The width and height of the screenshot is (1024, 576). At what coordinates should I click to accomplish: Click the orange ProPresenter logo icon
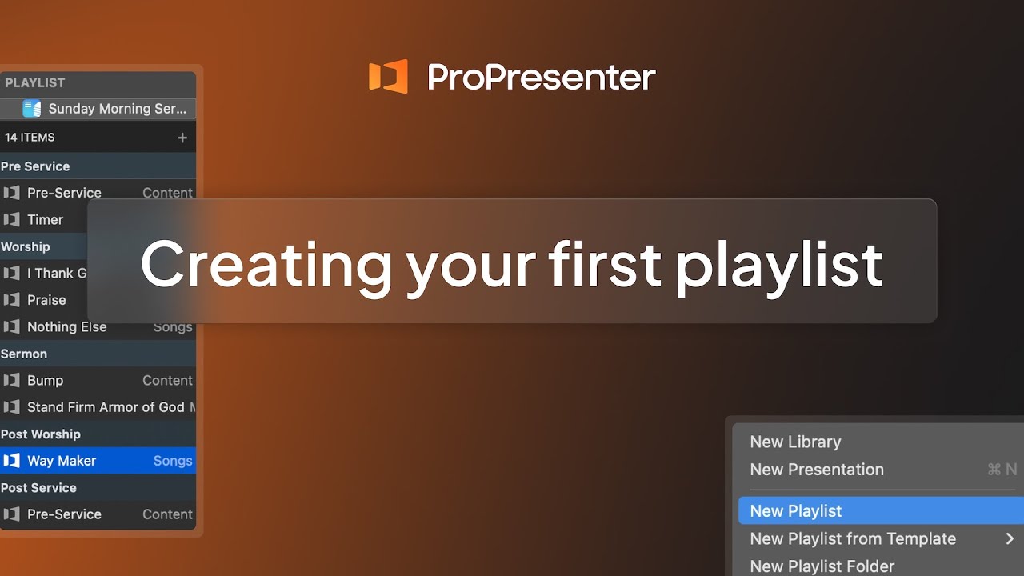point(388,77)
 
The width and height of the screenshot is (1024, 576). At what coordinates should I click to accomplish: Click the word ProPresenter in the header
point(542,78)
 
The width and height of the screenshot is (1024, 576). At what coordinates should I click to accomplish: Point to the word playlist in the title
point(779,265)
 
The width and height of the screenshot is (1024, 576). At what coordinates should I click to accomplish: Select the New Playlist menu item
point(796,511)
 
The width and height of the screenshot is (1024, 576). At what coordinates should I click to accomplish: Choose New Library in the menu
point(795,442)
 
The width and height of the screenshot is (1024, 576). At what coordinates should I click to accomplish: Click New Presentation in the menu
point(817,470)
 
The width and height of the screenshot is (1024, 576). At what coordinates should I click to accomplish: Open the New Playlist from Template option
point(853,539)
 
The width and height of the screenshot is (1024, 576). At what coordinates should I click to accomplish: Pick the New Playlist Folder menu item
point(822,566)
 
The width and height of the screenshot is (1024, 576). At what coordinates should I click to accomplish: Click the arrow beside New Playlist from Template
point(1010,539)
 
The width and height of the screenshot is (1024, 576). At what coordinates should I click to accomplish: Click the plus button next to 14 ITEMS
point(182,138)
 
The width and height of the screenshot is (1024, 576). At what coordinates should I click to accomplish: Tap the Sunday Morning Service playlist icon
point(32,109)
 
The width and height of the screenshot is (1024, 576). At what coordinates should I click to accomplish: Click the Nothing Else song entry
point(66,327)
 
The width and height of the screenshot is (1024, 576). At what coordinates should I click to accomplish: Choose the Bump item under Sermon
point(45,381)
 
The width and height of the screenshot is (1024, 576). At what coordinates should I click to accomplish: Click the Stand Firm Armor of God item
point(106,407)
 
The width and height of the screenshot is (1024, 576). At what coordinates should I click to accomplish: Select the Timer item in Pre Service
point(45,220)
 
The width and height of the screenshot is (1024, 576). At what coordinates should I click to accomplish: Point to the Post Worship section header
point(41,434)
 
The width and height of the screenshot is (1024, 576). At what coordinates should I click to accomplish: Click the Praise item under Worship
point(46,300)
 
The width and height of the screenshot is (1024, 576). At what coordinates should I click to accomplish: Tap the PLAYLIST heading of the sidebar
point(35,83)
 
